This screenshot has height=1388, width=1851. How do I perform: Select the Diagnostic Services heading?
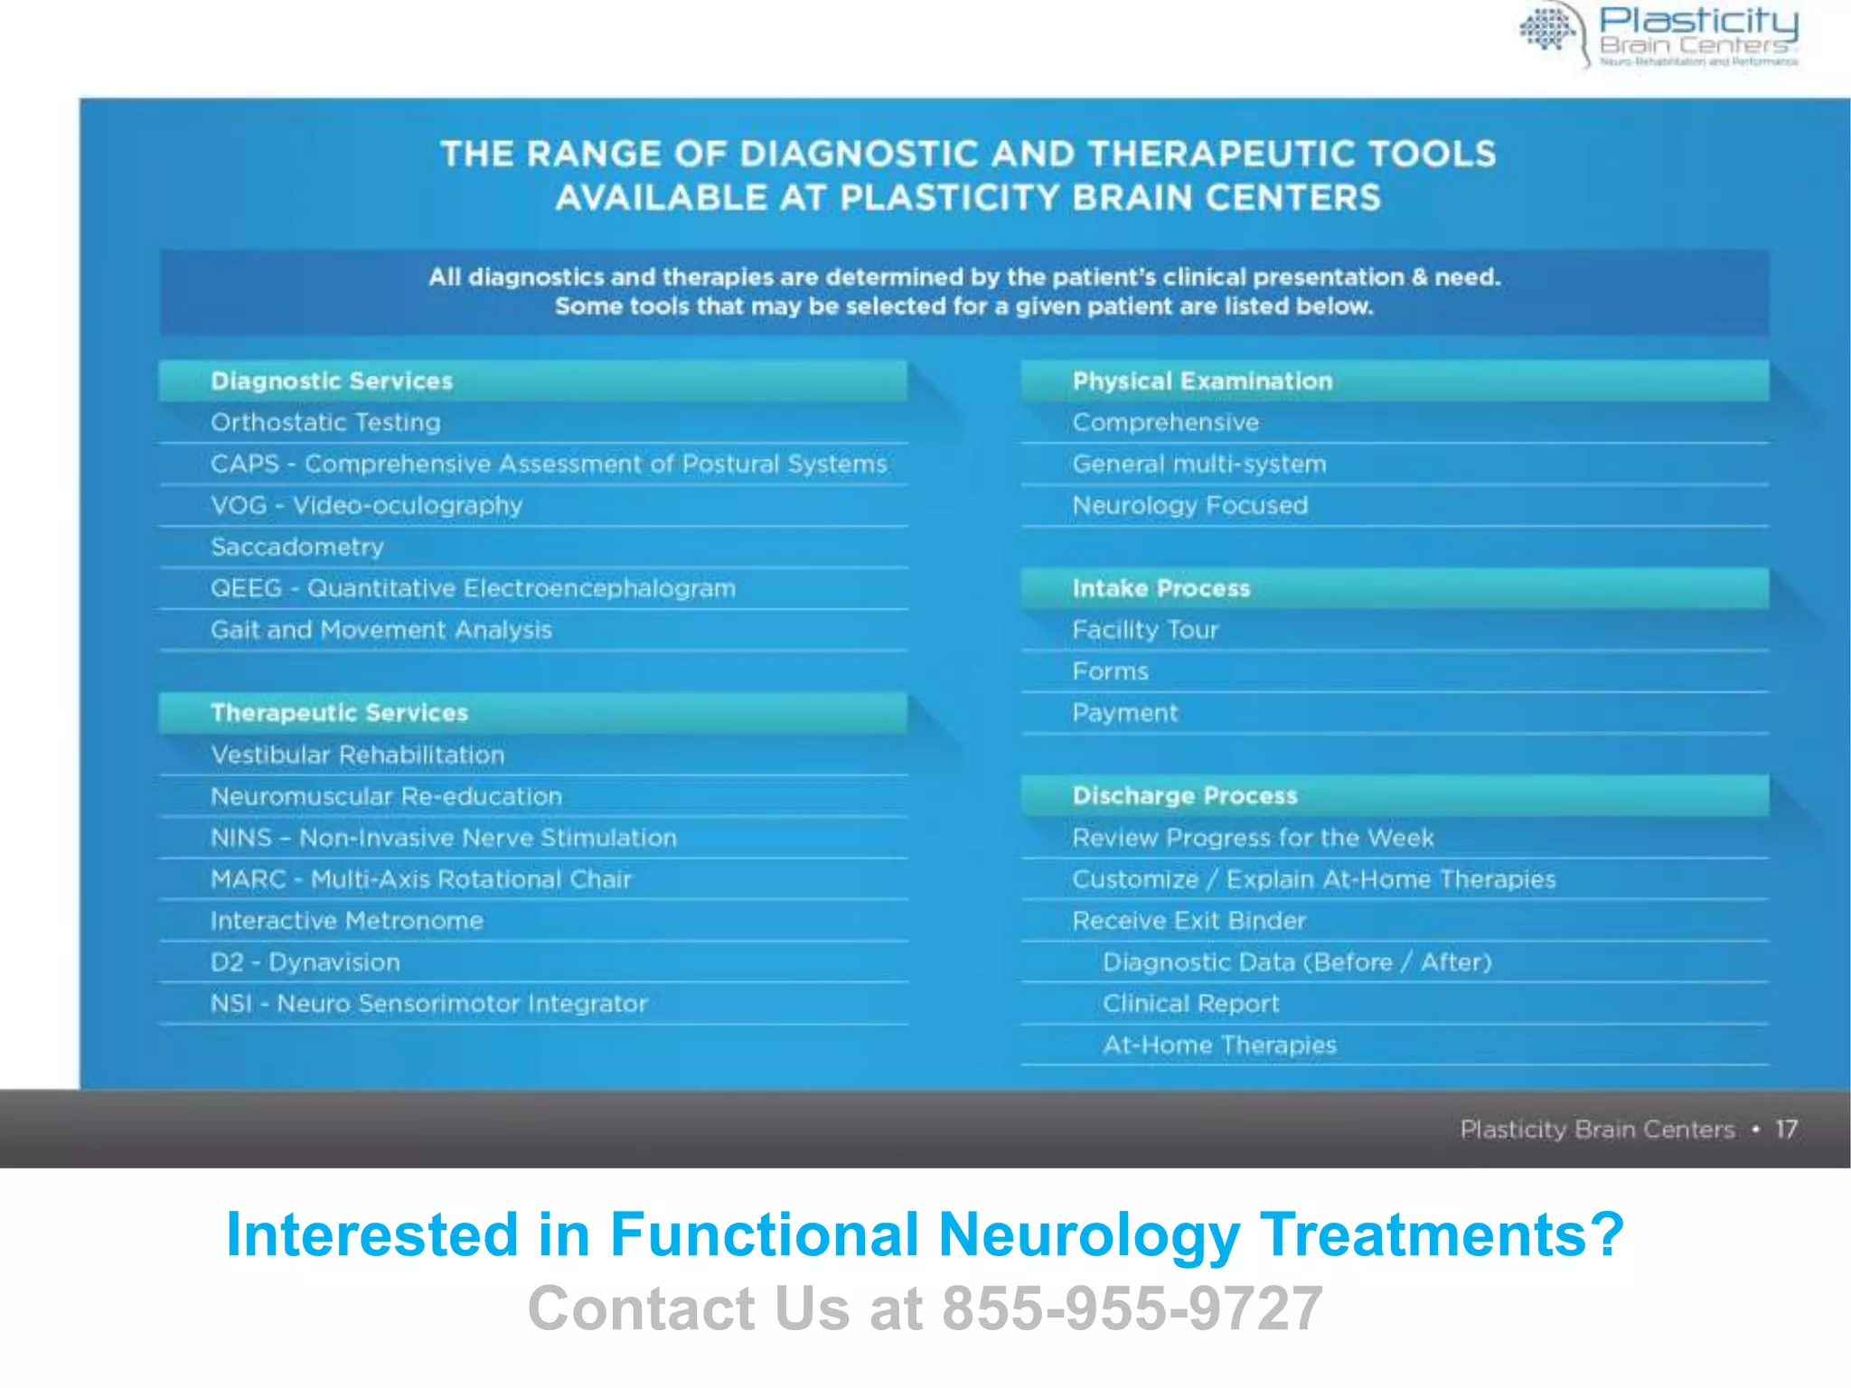[332, 381]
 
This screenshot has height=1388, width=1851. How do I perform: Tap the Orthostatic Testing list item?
[325, 423]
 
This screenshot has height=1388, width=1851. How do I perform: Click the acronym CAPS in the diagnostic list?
[244, 464]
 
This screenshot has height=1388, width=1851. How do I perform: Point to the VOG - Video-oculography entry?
[366, 506]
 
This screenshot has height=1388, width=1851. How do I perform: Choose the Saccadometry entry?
[297, 548]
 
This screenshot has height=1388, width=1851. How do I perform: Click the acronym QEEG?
[246, 589]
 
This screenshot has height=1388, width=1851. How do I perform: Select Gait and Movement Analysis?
[381, 631]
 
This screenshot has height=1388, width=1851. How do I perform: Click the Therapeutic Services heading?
[339, 713]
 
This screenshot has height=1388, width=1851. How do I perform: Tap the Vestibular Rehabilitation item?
[357, 755]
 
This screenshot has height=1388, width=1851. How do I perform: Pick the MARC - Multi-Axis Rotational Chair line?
[420, 880]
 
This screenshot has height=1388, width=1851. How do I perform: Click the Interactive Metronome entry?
[346, 922]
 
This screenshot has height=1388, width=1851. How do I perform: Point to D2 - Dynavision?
[305, 963]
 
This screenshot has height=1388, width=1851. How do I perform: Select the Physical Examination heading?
[1202, 381]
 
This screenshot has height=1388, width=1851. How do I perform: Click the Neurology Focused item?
[1189, 506]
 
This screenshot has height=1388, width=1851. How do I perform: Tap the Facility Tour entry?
[1145, 631]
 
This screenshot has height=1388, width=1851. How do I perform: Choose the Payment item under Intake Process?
[1124, 714]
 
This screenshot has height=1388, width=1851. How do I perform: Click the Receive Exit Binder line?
[1189, 922]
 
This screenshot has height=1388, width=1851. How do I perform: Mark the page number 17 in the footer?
[1786, 1130]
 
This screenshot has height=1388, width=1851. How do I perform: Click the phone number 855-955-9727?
[1132, 1308]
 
